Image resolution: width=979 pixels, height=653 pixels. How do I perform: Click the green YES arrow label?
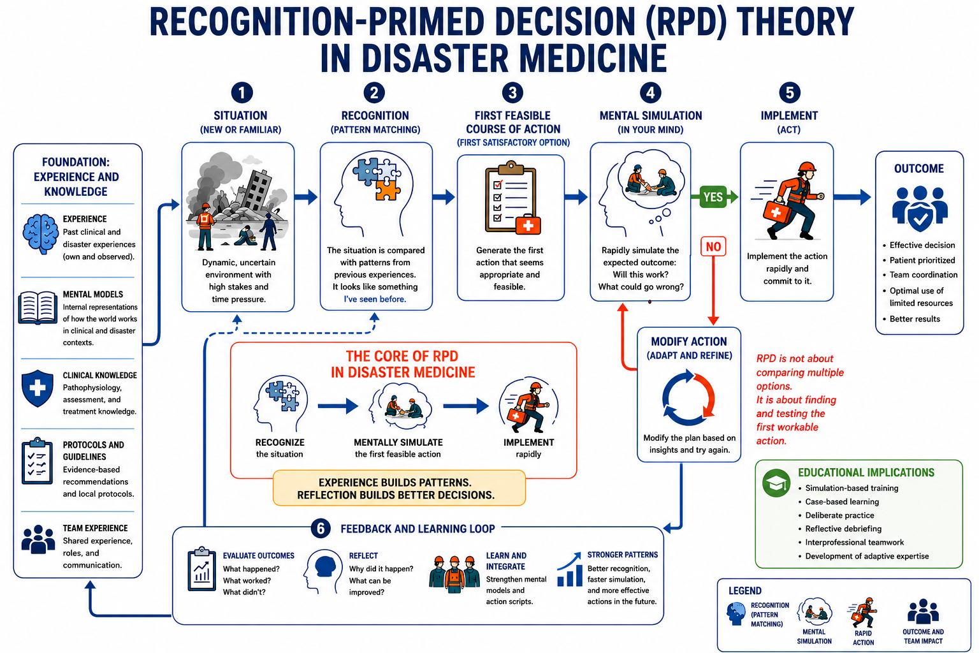tap(714, 197)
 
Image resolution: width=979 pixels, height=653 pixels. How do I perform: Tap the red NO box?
tap(713, 247)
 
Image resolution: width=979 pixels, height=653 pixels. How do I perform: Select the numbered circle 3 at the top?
tap(512, 92)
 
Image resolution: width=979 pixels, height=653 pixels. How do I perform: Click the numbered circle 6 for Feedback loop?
tap(321, 529)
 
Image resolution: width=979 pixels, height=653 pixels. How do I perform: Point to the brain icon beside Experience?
tap(40, 234)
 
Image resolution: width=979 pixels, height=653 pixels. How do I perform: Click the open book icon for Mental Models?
tap(38, 307)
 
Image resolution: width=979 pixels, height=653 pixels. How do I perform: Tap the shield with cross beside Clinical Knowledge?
tap(38, 388)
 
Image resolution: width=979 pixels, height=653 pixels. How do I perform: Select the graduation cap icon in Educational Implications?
tap(776, 483)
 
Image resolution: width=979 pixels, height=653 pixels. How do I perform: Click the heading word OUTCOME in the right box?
tap(918, 169)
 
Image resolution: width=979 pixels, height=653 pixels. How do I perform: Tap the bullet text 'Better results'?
tap(915, 319)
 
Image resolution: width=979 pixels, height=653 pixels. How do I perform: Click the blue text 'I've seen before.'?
tap(375, 299)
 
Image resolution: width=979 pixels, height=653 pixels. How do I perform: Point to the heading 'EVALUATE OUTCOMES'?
tap(258, 555)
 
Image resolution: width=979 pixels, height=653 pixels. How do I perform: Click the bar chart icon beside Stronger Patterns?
tap(569, 569)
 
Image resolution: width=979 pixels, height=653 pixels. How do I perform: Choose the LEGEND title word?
tap(744, 591)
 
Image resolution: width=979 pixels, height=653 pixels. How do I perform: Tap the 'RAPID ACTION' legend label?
tap(863, 638)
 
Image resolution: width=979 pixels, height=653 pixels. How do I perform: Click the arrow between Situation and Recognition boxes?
tap(306, 197)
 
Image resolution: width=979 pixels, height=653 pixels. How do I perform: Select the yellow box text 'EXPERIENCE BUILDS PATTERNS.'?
tap(395, 483)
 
